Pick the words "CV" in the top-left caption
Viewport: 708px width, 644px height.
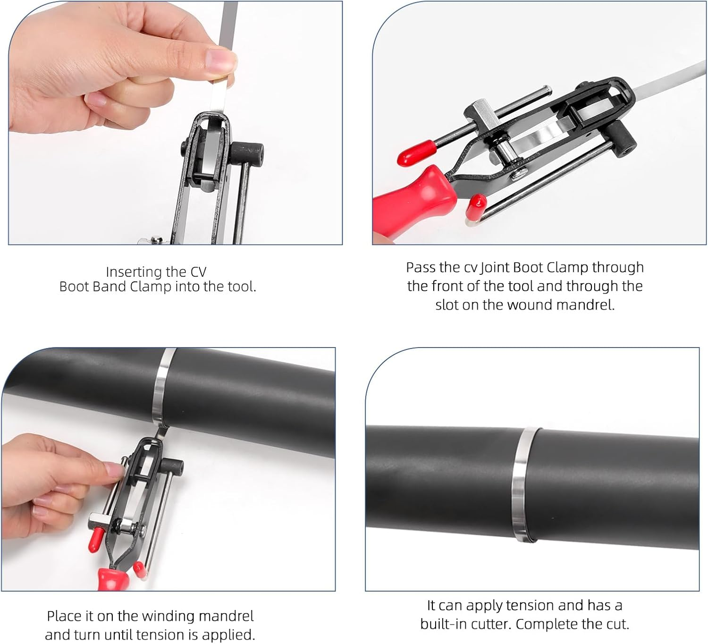(x=198, y=272)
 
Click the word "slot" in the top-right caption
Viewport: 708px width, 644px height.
(x=447, y=305)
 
